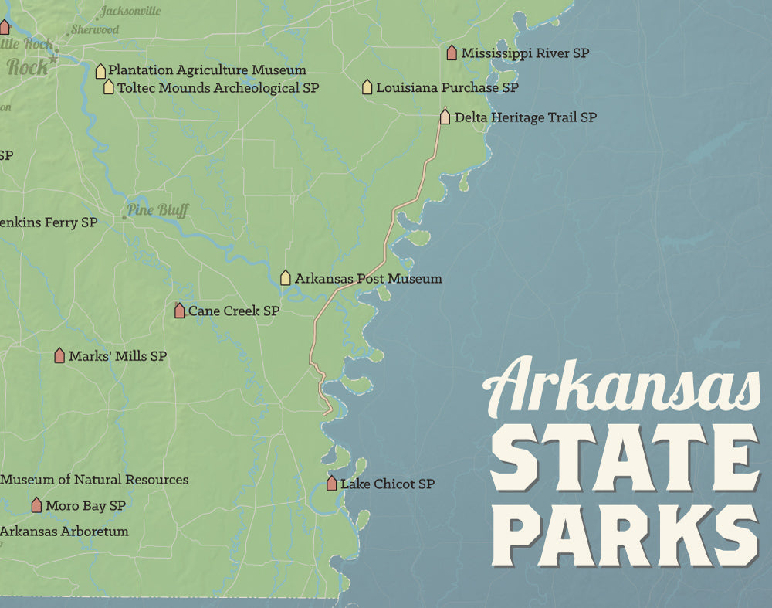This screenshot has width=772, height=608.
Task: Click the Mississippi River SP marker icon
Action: click(x=452, y=53)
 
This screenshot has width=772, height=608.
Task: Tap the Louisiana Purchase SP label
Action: click(x=447, y=87)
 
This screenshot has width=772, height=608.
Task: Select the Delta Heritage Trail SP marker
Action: click(x=445, y=117)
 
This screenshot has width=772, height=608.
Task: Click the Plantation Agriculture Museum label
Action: click(x=207, y=70)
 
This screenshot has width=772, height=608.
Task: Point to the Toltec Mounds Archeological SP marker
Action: click(x=109, y=87)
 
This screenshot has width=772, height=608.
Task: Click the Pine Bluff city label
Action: click(x=157, y=210)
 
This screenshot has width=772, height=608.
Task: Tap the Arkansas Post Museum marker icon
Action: click(x=286, y=277)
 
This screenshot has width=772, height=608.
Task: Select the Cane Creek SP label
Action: click(x=234, y=311)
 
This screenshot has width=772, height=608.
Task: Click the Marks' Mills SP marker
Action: click(x=59, y=355)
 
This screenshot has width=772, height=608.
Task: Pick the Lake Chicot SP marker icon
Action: click(x=331, y=484)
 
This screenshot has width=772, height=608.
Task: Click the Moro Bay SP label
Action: click(x=86, y=506)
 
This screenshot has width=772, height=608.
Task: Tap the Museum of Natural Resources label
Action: click(x=94, y=480)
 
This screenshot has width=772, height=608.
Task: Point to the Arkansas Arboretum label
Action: click(x=64, y=532)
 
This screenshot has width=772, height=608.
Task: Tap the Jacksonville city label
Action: click(x=130, y=11)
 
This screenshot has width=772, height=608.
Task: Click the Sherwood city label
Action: click(x=95, y=30)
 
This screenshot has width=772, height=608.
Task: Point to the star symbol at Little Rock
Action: click(x=53, y=59)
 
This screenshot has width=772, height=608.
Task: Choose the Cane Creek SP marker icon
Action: click(x=180, y=311)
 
